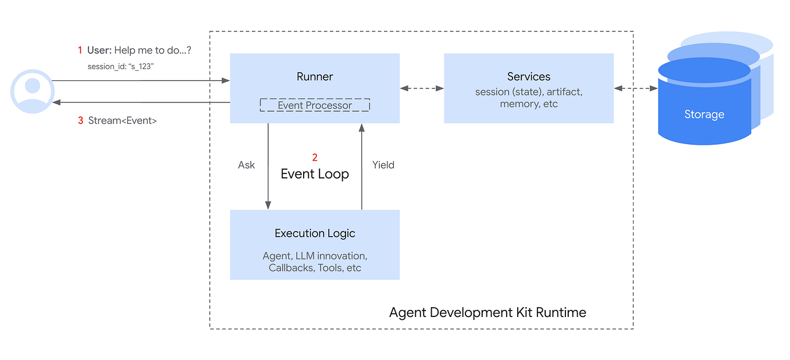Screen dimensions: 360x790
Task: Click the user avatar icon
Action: (33, 91)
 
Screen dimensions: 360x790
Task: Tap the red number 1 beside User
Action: (80, 51)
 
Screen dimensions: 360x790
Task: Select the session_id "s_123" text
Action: (120, 66)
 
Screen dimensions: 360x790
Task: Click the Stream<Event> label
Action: (122, 121)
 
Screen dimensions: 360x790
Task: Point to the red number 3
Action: (81, 121)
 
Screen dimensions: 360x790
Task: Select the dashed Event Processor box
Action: (315, 105)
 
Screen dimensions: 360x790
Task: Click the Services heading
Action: (528, 77)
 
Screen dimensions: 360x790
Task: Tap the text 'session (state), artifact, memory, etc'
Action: (528, 98)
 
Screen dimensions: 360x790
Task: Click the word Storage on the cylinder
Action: (704, 115)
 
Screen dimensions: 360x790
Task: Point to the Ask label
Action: (246, 165)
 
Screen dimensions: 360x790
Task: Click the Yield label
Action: (383, 165)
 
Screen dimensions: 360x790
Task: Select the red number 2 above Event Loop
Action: (315, 158)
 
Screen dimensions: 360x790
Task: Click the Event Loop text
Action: (315, 174)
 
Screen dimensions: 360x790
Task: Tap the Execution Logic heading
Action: (315, 233)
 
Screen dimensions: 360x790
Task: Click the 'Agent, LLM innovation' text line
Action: (315, 256)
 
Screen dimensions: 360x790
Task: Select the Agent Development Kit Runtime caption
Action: (487, 312)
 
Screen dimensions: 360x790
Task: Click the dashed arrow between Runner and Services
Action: (422, 88)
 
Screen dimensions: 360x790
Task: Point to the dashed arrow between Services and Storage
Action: (635, 88)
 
